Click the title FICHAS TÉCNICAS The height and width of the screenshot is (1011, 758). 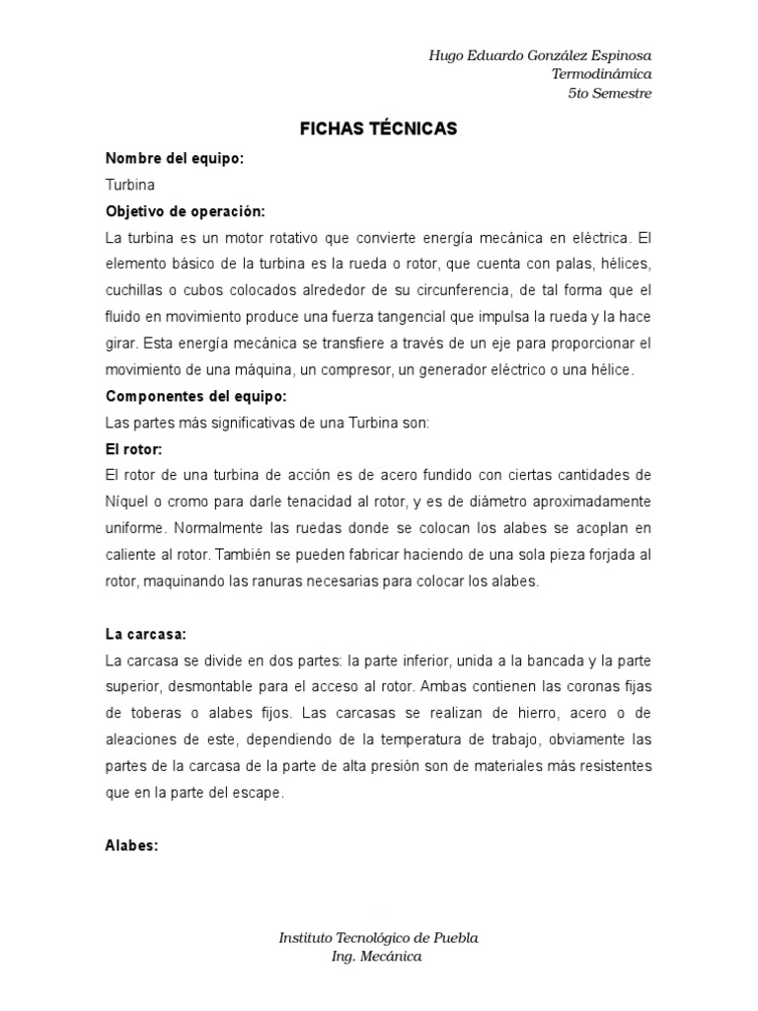[379, 129]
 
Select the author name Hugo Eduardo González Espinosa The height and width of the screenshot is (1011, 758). [540, 55]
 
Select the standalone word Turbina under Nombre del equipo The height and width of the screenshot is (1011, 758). [129, 185]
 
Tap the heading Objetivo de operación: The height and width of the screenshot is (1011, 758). [185, 211]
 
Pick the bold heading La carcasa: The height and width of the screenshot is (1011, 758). [146, 633]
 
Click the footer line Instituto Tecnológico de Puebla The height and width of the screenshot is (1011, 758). [379, 938]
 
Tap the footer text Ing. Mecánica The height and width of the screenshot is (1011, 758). [377, 957]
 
